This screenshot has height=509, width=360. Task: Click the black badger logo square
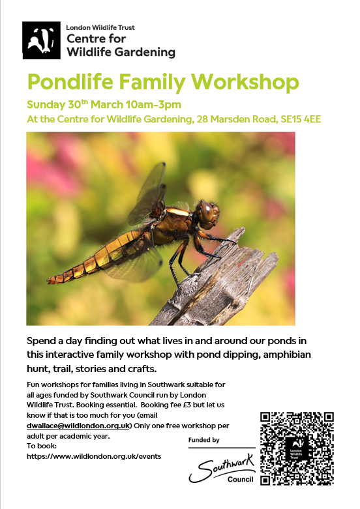(x=41, y=40)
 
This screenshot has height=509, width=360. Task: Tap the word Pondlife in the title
(x=70, y=82)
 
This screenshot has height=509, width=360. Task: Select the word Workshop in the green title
(x=245, y=82)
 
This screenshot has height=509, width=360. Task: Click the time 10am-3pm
(x=153, y=104)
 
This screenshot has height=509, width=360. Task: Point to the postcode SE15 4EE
(x=301, y=119)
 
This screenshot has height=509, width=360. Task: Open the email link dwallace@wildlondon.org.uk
(x=78, y=426)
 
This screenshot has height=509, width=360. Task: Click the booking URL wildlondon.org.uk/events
(x=94, y=456)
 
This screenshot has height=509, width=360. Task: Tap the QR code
(x=297, y=448)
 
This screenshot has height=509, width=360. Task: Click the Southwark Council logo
(x=222, y=469)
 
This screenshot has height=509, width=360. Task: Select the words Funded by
(x=203, y=440)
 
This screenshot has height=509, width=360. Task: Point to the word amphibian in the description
(x=287, y=355)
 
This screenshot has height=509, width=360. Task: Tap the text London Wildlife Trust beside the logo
(x=100, y=27)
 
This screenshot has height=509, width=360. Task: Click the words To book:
(x=42, y=446)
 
